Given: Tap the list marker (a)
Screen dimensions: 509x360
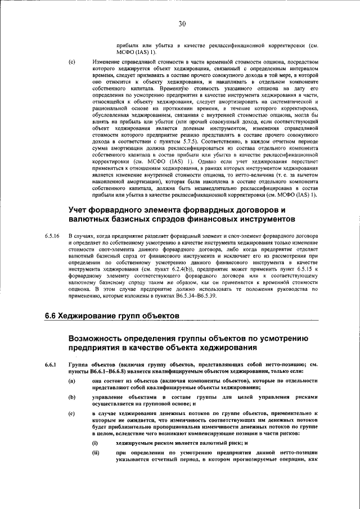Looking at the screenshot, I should point(71,381).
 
